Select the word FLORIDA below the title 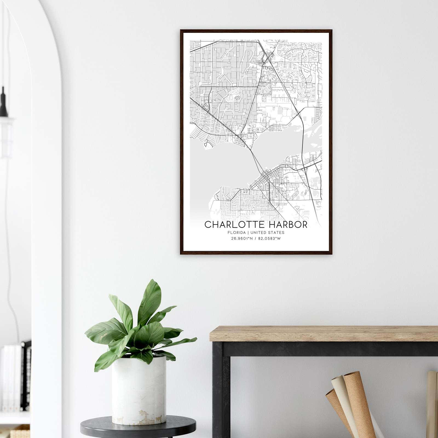pyautogui.click(x=236, y=233)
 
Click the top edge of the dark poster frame pyautogui.click(x=256, y=30)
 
